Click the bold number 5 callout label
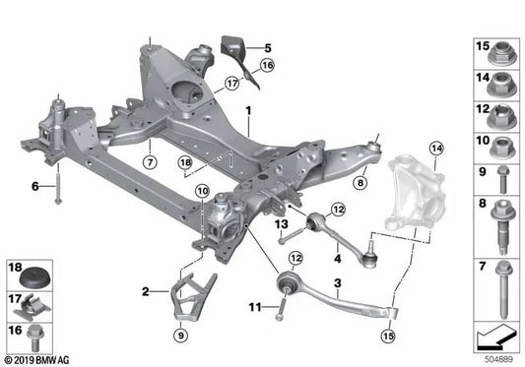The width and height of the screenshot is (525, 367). [x=268, y=48]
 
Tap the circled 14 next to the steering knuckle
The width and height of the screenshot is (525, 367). [x=436, y=149]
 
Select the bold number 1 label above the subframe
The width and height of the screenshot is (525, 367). [x=248, y=110]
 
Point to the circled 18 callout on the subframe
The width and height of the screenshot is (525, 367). [x=185, y=163]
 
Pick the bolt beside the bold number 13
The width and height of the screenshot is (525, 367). [x=293, y=234]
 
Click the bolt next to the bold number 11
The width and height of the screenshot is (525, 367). [x=281, y=307]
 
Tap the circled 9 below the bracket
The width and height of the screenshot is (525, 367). [x=181, y=335]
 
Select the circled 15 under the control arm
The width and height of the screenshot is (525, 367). [x=388, y=336]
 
